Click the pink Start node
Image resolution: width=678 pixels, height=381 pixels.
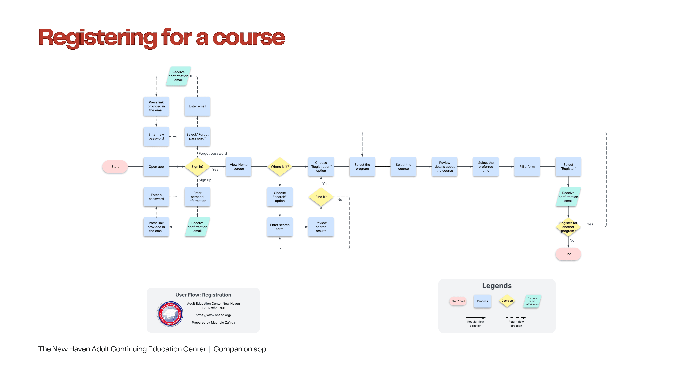click(x=115, y=167)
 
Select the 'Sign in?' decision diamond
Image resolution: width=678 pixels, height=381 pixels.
click(x=197, y=167)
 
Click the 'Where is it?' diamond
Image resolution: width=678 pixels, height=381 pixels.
click(x=280, y=167)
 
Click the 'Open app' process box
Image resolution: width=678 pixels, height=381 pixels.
click(x=156, y=167)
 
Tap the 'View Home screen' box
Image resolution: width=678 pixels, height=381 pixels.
click(x=238, y=167)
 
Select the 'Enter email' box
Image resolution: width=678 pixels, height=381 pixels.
click(x=197, y=106)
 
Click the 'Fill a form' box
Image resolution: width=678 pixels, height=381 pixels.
click(x=527, y=167)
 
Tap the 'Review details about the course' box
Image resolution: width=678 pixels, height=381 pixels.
click(x=445, y=167)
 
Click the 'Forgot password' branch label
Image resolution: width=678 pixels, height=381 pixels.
click(x=213, y=154)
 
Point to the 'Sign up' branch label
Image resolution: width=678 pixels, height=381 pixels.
click(x=205, y=180)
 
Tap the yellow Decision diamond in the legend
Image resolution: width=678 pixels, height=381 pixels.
click(x=507, y=301)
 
